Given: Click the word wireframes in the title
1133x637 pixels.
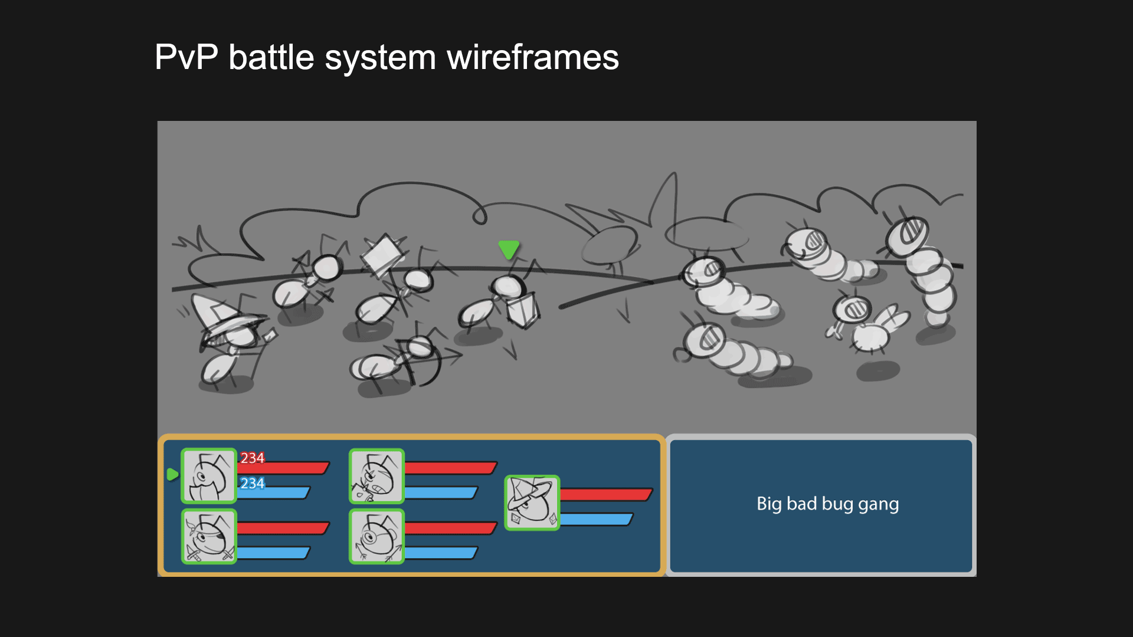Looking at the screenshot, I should (532, 58).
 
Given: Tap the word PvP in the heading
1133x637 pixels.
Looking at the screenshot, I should (186, 58).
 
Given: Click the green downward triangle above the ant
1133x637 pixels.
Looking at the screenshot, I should (509, 249).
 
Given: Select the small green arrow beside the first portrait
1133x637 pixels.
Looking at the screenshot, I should (172, 474).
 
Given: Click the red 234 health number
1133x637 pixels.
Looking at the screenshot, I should (252, 458).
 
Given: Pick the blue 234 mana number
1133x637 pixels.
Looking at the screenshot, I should (252, 484).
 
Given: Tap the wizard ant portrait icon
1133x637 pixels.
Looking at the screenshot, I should (532, 503).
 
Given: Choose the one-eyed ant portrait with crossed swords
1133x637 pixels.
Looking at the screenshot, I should (209, 536).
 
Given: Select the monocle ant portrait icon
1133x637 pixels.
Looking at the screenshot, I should (376, 536).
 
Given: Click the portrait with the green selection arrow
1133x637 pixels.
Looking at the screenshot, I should (209, 476).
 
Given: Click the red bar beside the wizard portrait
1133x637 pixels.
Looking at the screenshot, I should (605, 494).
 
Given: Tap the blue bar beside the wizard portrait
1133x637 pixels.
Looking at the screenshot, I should (596, 520).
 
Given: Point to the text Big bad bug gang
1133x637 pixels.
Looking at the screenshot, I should (827, 504).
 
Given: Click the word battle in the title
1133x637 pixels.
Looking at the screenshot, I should (271, 58).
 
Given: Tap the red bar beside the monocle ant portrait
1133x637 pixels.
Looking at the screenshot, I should (450, 528).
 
